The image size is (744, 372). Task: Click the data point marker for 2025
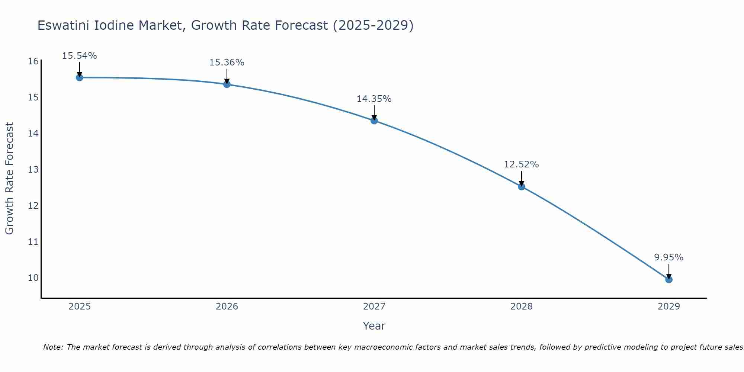pos(79,77)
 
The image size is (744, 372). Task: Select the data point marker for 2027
pos(374,121)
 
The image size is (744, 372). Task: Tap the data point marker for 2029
pos(668,279)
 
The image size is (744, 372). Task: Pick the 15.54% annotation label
pos(79,56)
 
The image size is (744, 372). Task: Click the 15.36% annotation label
pos(227,62)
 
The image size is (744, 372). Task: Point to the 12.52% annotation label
pos(521,164)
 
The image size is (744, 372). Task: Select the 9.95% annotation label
pos(668,257)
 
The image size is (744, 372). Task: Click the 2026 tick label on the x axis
pos(227,307)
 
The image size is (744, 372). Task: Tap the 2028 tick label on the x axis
pos(521,307)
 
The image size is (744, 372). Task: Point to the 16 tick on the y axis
pos(33,61)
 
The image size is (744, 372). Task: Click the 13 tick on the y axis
pos(33,170)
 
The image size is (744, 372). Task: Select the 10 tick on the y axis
pos(33,278)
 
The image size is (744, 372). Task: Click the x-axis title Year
pos(374,326)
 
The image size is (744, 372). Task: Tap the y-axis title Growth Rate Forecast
pos(9,178)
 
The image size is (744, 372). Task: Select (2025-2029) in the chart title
pos(373,25)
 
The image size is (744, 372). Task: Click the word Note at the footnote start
pos(53,347)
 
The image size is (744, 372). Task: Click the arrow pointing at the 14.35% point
pos(374,113)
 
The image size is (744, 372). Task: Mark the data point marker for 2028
pos(521,186)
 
